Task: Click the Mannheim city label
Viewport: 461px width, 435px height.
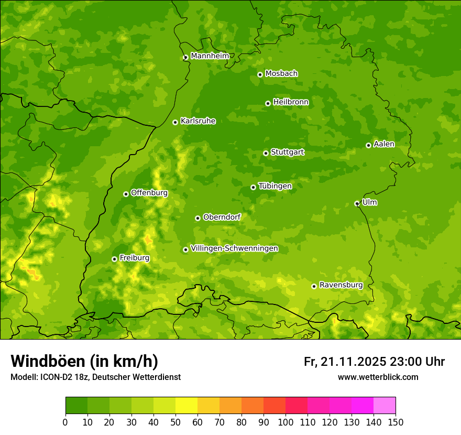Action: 210,56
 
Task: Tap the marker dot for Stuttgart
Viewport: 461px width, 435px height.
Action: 266,153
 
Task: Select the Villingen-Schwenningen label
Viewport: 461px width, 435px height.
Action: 234,248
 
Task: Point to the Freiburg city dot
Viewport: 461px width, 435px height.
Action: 114,259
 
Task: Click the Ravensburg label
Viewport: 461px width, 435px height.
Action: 341,285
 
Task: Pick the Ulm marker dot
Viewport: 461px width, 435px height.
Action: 357,203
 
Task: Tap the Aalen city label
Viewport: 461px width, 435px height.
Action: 384,144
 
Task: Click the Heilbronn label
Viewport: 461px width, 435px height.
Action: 291,102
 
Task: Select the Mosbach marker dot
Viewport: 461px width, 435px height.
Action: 260,74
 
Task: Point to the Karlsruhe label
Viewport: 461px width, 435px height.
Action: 197,121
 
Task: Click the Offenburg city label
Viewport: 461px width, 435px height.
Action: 149,193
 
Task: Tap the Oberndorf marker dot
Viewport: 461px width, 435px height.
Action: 197,218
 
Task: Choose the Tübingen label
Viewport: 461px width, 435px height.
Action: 275,186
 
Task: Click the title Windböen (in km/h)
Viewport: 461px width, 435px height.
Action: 84,361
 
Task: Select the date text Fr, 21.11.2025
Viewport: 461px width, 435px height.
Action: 345,362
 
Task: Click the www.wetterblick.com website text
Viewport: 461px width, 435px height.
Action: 378,377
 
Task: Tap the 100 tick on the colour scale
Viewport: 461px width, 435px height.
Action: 286,421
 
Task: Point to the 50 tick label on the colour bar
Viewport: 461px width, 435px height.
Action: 175,421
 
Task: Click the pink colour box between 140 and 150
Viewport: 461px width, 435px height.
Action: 385,405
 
